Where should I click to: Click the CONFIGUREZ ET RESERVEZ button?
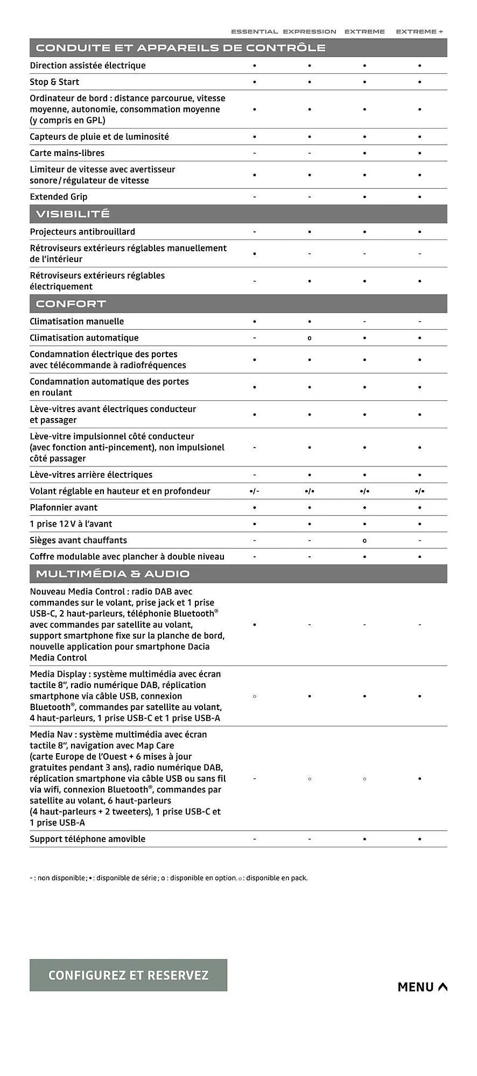pos(128,975)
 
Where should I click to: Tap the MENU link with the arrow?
pos(422,987)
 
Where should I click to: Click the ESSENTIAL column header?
pos(254,32)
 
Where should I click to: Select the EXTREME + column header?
pos(419,32)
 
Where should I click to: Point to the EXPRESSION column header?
pos(310,32)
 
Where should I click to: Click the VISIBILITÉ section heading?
pos(73,214)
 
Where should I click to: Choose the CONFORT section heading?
pos(71,304)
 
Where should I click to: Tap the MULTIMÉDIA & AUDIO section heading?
pos(113,574)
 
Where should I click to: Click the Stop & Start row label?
pos(54,82)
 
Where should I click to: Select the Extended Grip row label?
pos(59,197)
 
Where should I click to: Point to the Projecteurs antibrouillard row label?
pos(82,232)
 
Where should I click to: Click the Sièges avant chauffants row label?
pos(79,540)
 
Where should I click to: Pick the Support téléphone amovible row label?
pos(88,839)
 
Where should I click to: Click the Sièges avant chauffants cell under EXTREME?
pos(364,541)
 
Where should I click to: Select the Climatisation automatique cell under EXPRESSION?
pos(310,338)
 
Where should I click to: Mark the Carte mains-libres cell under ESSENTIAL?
pos(255,153)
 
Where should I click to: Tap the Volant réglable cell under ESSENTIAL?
pos(255,491)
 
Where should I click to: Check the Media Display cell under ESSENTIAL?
pos(255,696)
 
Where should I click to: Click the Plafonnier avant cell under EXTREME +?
pos(419,508)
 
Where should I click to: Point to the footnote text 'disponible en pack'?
pos(277,878)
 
